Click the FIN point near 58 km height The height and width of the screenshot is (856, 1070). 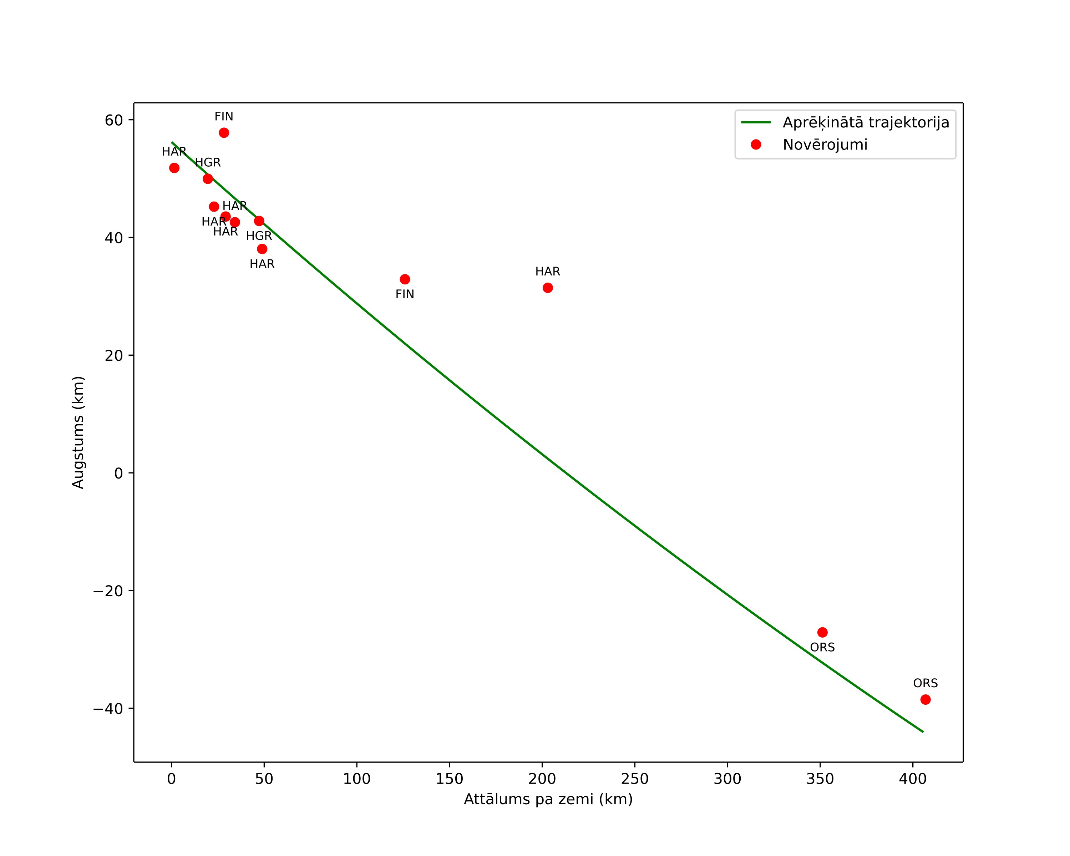tap(224, 132)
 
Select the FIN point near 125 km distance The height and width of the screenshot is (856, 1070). tap(405, 279)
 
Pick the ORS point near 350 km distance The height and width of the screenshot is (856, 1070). tap(822, 632)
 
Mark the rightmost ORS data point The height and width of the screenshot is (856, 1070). tap(926, 700)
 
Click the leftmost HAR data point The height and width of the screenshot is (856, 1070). tap(174, 168)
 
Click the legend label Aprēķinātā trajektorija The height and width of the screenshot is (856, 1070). tap(866, 123)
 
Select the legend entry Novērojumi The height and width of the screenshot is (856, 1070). tap(825, 145)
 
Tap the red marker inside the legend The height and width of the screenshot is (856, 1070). tap(756, 145)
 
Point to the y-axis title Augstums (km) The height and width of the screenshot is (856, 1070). tap(78, 432)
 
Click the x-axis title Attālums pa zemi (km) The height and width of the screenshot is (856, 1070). tap(548, 799)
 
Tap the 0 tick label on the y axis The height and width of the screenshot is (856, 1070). tap(118, 473)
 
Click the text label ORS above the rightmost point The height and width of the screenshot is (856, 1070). tap(926, 683)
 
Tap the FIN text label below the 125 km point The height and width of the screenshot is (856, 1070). tap(405, 294)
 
